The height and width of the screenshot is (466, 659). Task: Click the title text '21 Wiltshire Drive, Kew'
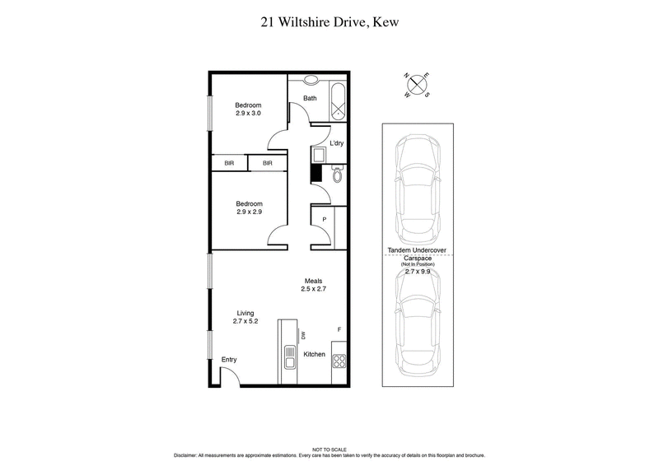329,22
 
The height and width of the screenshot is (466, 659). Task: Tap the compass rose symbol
418,85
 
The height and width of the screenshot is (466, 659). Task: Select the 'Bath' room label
310,99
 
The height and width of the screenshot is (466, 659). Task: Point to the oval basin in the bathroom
312,80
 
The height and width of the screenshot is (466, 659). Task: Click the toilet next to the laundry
337,175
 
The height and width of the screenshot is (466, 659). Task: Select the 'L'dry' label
337,143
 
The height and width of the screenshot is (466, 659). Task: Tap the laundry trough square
319,155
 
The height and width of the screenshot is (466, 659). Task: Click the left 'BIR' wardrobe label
230,164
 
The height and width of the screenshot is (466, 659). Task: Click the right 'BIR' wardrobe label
268,164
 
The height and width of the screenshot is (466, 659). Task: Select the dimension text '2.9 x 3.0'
248,114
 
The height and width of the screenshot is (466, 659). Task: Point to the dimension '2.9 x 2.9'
249,212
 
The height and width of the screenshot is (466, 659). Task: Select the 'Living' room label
246,313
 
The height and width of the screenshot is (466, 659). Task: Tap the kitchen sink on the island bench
289,357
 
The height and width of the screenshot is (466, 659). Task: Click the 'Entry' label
229,360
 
